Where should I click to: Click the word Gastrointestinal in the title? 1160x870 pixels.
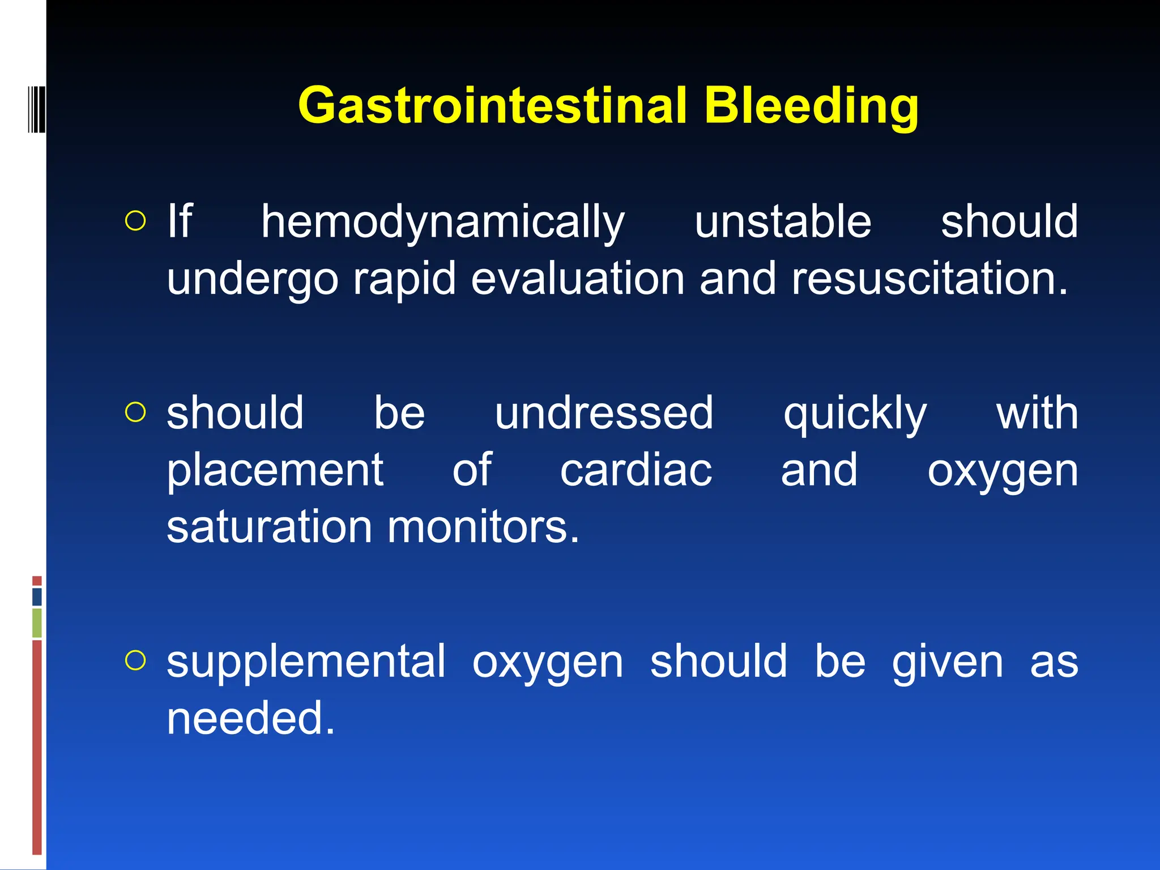click(x=492, y=105)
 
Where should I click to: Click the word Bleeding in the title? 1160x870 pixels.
click(x=811, y=106)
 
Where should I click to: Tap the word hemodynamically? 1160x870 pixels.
click(x=442, y=222)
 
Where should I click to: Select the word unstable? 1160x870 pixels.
click(x=783, y=221)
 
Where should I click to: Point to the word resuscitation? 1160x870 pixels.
click(x=929, y=279)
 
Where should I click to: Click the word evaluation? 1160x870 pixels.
click(x=578, y=279)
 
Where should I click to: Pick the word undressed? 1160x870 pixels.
click(x=604, y=413)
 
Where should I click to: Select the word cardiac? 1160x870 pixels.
click(x=636, y=470)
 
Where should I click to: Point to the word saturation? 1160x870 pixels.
click(x=269, y=527)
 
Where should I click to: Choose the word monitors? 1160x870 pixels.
click(x=483, y=527)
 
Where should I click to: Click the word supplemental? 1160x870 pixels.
click(x=306, y=662)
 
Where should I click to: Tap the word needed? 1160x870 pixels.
click(x=250, y=718)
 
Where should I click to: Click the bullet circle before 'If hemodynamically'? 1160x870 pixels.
click(x=135, y=221)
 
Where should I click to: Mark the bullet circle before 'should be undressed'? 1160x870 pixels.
click(x=135, y=412)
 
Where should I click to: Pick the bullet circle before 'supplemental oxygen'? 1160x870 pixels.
click(x=135, y=660)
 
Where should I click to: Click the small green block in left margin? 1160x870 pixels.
click(x=37, y=622)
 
